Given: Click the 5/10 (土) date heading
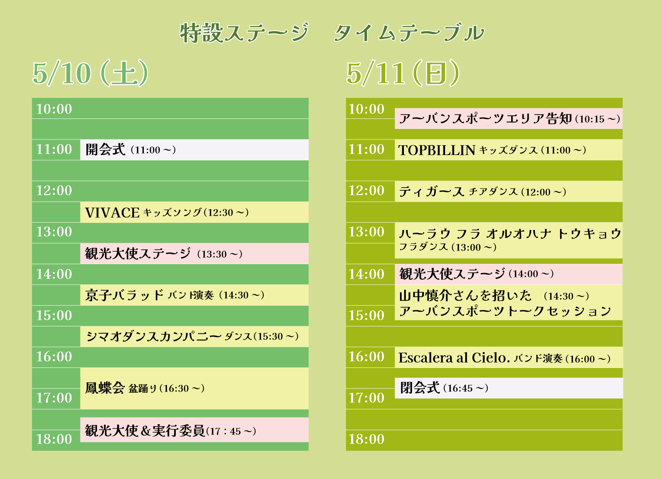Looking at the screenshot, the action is [90, 73].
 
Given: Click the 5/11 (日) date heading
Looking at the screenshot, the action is [403, 73].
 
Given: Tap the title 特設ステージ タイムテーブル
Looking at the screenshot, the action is [332, 33].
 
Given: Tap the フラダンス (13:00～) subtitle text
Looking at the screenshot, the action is [447, 247].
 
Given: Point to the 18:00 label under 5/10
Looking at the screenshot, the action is [54, 439].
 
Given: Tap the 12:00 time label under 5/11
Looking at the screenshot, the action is [367, 190].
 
